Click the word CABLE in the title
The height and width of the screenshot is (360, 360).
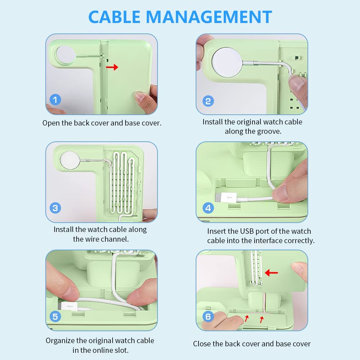[114, 17]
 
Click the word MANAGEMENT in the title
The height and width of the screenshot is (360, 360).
[209, 17]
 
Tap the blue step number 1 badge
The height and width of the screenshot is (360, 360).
[55, 100]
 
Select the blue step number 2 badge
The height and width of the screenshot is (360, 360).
[208, 101]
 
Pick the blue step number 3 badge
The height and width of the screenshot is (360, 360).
[55, 208]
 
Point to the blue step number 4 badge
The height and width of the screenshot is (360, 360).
[208, 208]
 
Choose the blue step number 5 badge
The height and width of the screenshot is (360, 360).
[55, 316]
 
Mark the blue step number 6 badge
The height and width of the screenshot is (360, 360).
[208, 316]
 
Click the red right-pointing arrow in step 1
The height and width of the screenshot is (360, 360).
[112, 67]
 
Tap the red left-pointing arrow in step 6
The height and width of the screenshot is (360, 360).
[271, 273]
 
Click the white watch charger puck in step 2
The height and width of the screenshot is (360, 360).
[227, 62]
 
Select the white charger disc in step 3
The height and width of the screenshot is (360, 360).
[70, 160]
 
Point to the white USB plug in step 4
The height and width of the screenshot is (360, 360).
[226, 198]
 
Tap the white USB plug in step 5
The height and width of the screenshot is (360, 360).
[69, 306]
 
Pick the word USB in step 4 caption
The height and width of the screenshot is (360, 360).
[247, 231]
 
